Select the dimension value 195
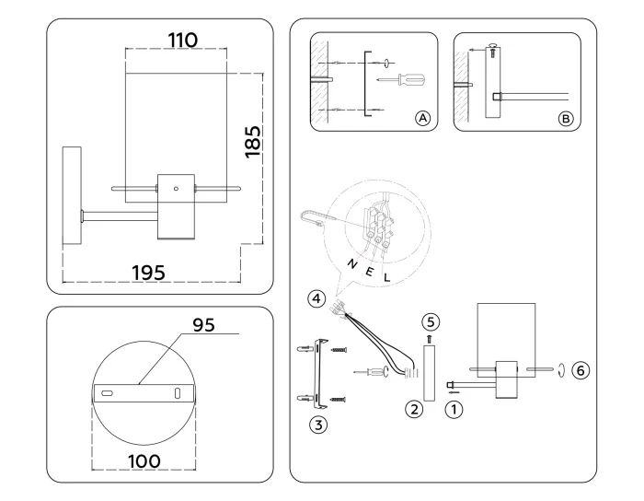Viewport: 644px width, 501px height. point(148,273)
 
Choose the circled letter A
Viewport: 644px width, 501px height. point(422,118)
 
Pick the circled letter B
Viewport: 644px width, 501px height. point(565,118)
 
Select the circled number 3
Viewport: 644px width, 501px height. point(318,425)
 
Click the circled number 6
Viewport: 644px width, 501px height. point(579,370)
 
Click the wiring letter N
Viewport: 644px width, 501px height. point(351,264)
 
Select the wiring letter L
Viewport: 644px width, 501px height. point(386,276)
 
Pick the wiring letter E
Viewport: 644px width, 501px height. point(370,273)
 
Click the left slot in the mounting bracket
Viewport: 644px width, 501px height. point(107,393)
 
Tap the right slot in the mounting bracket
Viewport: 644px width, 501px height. point(177,393)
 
